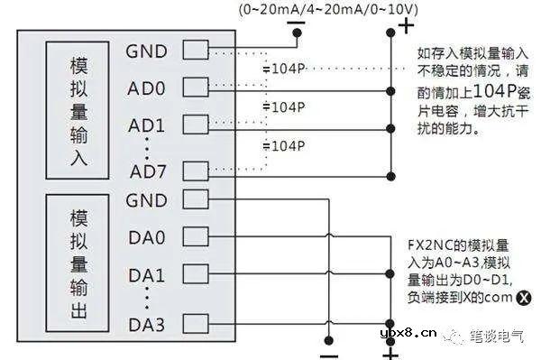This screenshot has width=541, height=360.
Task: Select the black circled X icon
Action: tap(521, 294)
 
